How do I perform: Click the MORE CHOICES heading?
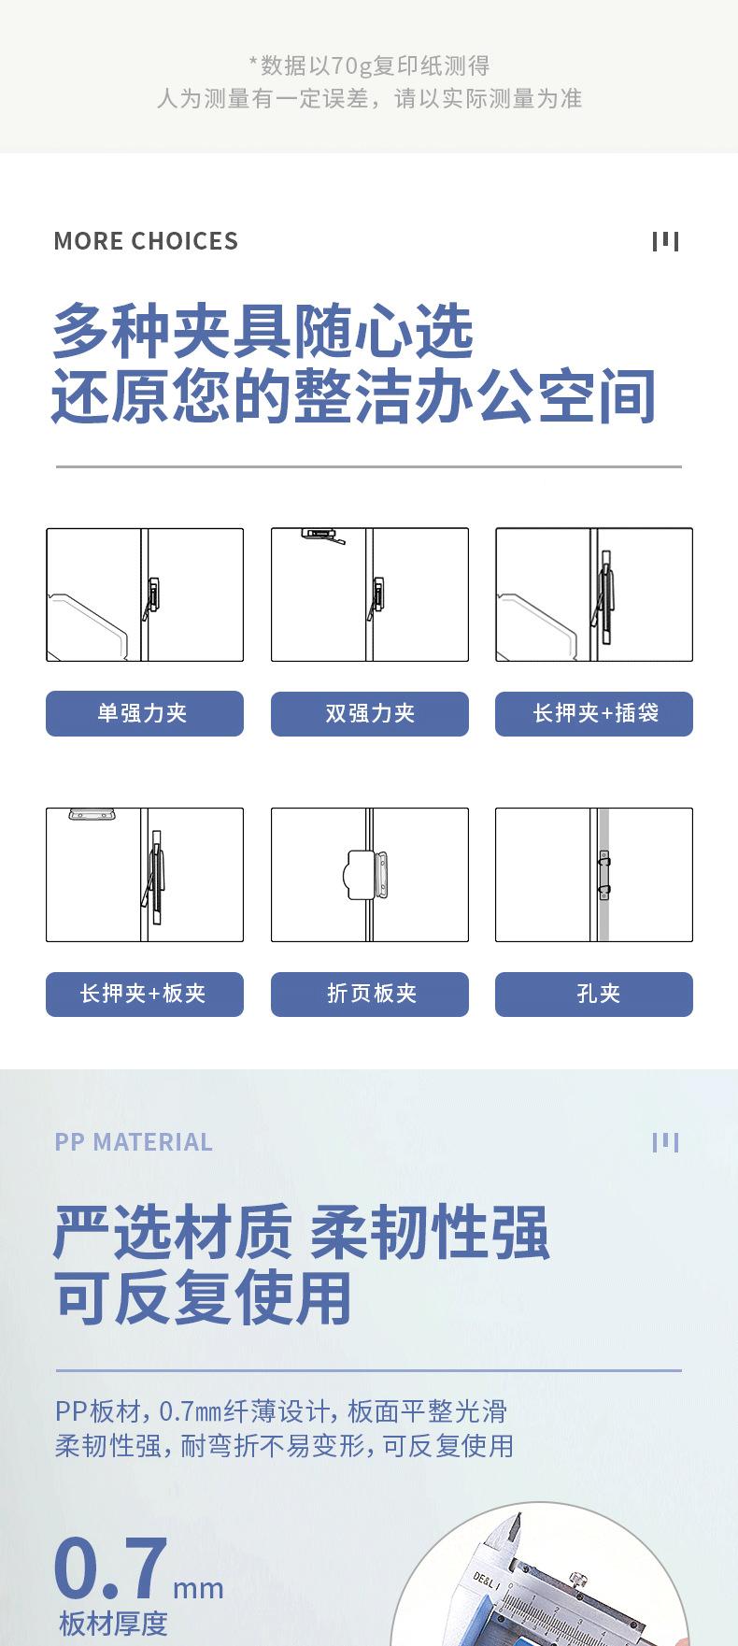point(146,241)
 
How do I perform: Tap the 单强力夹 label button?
point(145,713)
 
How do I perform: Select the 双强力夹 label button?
point(370,713)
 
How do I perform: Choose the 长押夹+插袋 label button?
point(594,713)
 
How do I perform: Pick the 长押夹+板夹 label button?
point(145,994)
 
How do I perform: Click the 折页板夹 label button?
point(370,994)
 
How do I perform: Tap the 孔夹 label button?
point(594,994)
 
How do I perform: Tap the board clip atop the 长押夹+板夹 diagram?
point(92,814)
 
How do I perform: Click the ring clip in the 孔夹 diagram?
point(603,872)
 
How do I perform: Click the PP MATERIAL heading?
point(134,1142)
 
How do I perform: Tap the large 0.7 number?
point(111,1568)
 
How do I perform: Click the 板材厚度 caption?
point(113,1624)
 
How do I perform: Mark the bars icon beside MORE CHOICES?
point(665,241)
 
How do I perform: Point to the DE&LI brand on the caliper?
point(487,1581)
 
